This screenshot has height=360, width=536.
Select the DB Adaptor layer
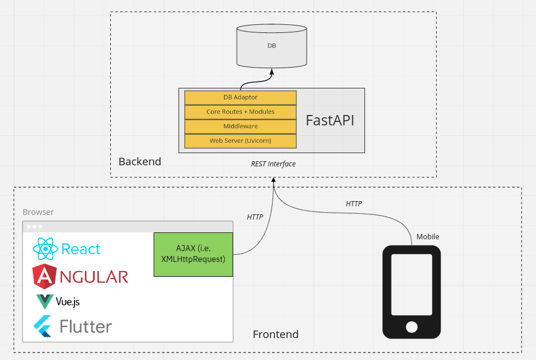(240, 97)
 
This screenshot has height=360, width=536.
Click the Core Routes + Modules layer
(240, 112)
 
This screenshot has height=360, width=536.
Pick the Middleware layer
(240, 126)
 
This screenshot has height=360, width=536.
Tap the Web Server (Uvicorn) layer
(240, 140)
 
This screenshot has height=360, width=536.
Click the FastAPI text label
(329, 120)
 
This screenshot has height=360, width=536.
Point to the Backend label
(140, 161)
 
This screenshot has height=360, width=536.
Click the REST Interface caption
(273, 164)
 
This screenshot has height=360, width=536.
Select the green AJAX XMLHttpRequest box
(193, 254)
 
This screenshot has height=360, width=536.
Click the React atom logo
(46, 249)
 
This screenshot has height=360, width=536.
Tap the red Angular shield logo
(44, 276)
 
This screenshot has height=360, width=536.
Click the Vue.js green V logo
(44, 302)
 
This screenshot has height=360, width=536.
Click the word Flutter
(85, 326)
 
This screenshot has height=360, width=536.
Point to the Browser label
(38, 212)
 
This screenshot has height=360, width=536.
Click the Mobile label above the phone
(428, 236)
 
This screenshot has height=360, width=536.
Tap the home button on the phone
(411, 327)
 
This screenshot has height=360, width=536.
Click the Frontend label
(276, 334)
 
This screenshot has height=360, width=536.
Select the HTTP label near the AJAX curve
(255, 217)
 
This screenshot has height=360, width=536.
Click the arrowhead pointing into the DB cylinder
(271, 72)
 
